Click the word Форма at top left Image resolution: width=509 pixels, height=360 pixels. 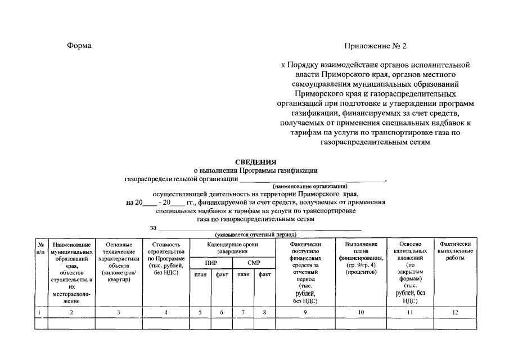[79, 46]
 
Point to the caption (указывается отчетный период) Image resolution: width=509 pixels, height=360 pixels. [255, 234]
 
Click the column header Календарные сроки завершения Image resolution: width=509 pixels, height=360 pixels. [232, 248]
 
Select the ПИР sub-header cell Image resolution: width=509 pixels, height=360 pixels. [211, 263]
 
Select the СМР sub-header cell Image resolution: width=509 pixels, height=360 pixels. [253, 263]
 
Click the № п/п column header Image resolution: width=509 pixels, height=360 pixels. [40, 249]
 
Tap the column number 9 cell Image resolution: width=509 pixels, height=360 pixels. [305, 312]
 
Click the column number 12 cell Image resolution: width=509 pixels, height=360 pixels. [455, 312]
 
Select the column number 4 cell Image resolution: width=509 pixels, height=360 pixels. [165, 312]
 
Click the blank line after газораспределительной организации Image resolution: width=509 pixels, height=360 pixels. [312, 179]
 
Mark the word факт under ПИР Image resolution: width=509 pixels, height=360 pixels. [222, 274]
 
